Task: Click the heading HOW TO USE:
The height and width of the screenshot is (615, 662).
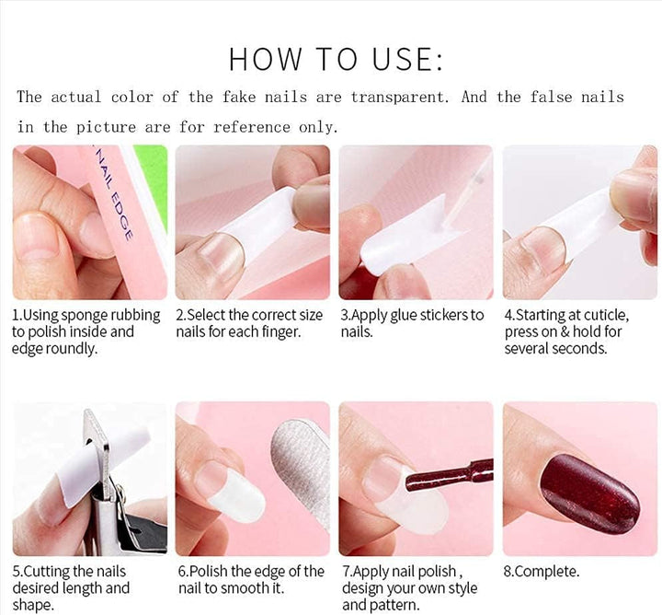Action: click(x=336, y=58)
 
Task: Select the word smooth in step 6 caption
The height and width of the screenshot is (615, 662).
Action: click(x=245, y=588)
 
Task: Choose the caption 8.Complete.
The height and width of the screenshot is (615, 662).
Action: click(x=542, y=572)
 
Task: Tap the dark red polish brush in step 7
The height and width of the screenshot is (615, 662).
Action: click(x=449, y=475)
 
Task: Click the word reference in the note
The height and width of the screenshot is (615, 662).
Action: click(x=252, y=127)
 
